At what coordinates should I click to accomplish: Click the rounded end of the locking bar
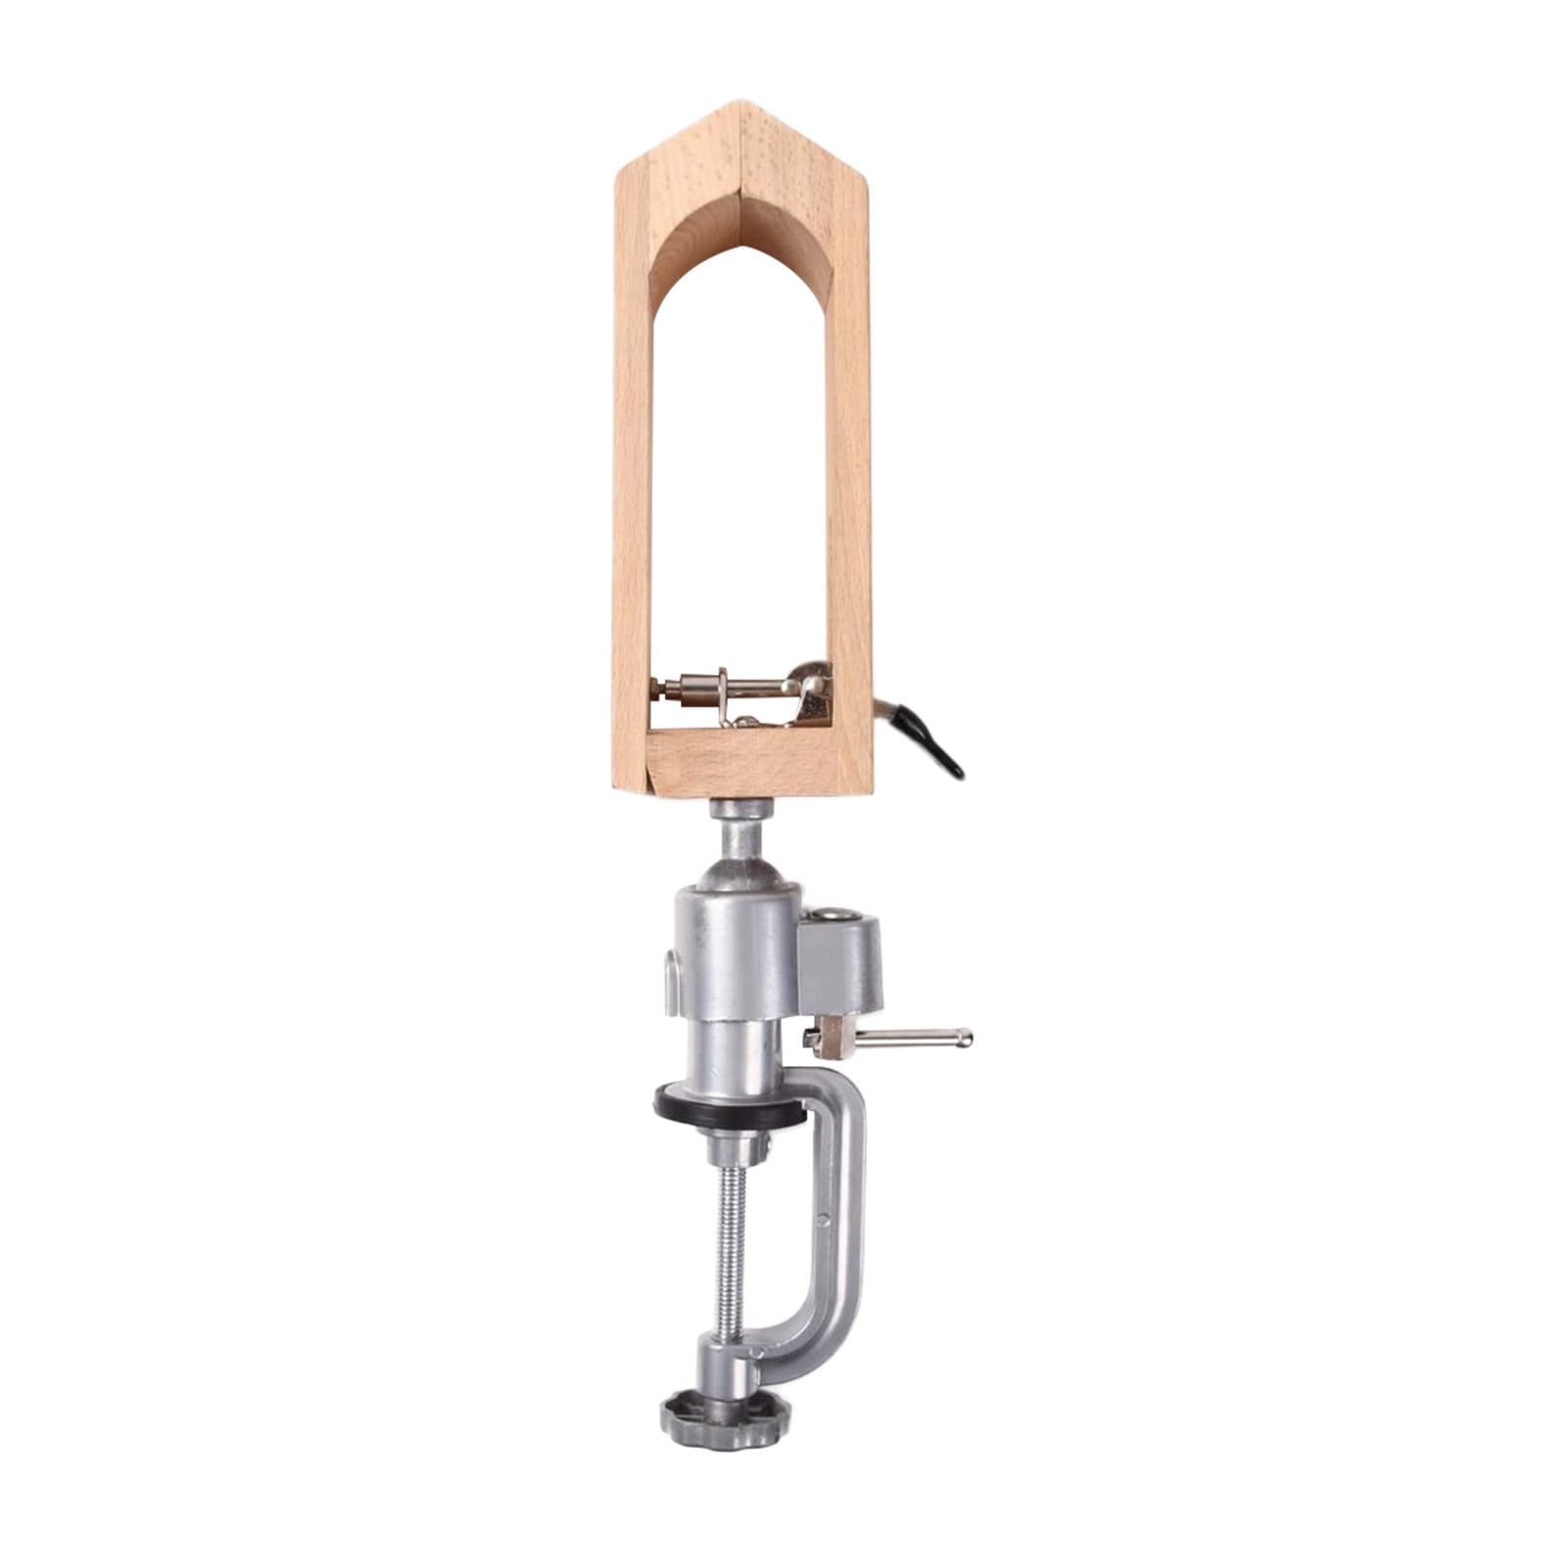962,1034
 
